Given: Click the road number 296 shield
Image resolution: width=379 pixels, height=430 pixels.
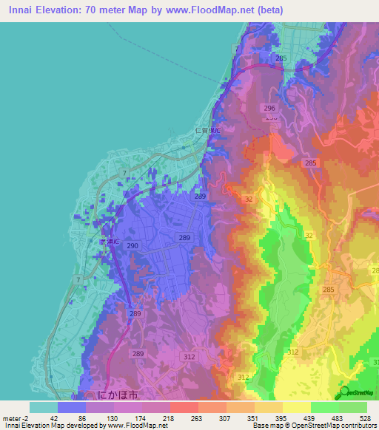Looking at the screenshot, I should tap(269, 108).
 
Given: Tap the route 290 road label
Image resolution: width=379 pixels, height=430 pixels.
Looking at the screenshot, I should tap(132, 245).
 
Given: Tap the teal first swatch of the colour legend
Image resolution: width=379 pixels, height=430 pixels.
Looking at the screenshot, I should tap(43, 407).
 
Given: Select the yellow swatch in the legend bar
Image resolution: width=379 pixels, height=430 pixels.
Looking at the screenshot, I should tap(296, 407).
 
